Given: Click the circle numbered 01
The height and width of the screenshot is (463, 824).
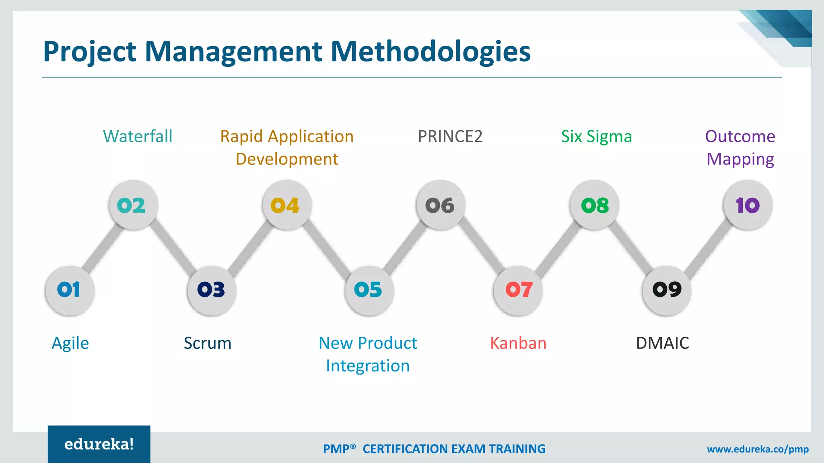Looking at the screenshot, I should click(x=70, y=290).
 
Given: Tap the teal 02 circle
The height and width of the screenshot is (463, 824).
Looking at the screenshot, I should click(x=133, y=205).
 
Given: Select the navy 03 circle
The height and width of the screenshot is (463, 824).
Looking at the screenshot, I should click(x=212, y=290).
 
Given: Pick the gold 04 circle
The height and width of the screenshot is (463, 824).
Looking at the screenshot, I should click(x=287, y=205).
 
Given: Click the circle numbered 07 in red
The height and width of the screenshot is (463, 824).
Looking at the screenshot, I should click(x=518, y=290).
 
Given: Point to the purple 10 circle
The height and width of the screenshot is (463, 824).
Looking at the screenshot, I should click(x=748, y=205).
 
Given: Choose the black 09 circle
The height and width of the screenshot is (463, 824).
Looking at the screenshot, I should click(x=667, y=290).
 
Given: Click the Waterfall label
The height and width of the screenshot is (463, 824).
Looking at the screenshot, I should click(x=138, y=137).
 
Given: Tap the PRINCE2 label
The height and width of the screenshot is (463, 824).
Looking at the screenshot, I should click(x=450, y=137).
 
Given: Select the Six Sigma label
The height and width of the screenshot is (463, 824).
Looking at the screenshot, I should click(x=596, y=137).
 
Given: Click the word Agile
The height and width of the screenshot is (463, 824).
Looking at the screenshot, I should click(x=70, y=344).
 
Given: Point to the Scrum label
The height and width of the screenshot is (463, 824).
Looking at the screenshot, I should click(x=207, y=343).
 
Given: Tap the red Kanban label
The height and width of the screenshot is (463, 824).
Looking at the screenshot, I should click(x=518, y=343).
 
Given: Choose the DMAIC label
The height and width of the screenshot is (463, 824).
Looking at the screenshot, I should click(x=662, y=343).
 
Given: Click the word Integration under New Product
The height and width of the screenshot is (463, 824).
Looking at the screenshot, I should click(x=367, y=366).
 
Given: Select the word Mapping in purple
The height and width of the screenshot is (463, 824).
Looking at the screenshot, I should click(x=740, y=160).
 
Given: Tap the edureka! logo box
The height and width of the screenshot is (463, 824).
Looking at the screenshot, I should click(x=99, y=444).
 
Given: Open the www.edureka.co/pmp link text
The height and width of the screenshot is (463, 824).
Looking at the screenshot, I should click(x=758, y=449).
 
